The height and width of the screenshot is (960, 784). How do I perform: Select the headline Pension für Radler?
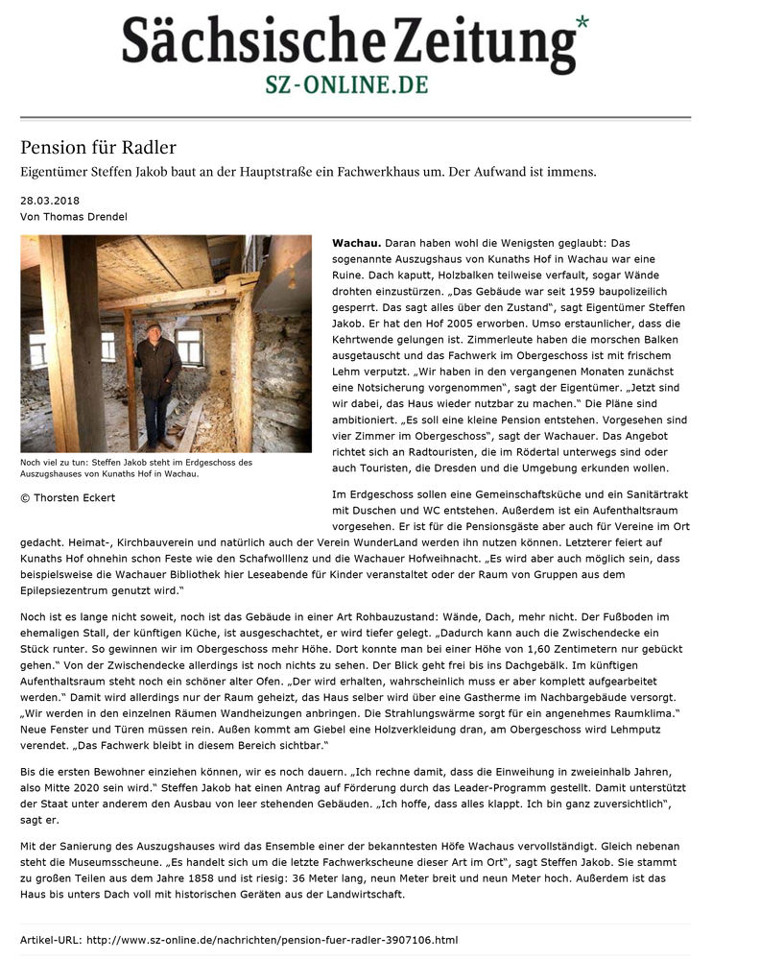[99, 148]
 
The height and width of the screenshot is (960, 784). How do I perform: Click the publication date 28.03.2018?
[50, 201]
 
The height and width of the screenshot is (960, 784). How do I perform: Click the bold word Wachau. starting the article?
[356, 244]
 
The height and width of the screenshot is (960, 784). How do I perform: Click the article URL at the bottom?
[273, 939]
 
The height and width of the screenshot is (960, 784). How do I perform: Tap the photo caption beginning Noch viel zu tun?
[136, 468]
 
